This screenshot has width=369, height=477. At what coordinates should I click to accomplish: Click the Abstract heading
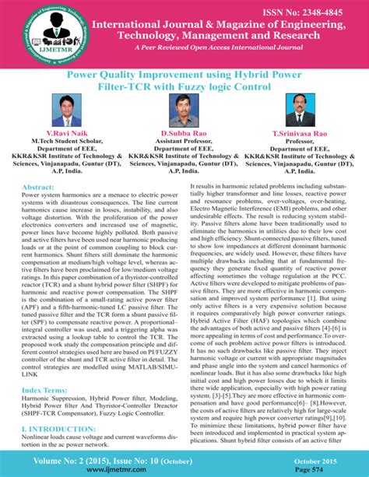pos(44,188)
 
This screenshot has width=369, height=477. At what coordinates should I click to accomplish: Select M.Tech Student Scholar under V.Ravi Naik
pos(69,142)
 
